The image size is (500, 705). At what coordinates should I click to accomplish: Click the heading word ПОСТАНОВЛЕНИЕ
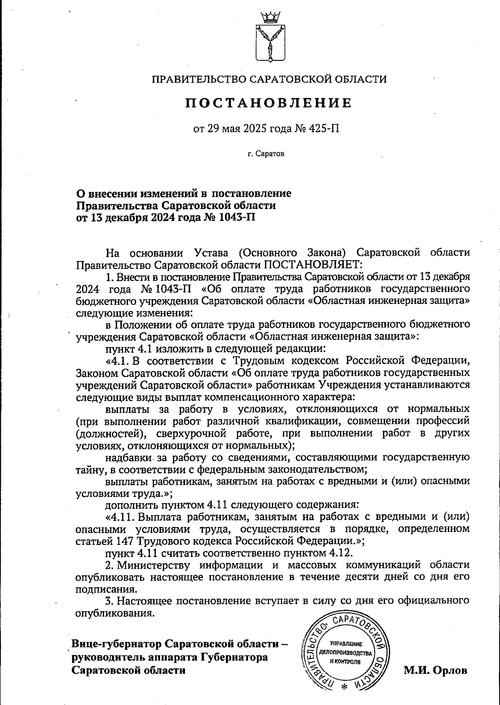pos(268,103)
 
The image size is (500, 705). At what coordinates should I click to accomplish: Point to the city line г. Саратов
pos(265,154)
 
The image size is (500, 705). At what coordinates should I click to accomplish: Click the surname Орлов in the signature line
pos(450,670)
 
